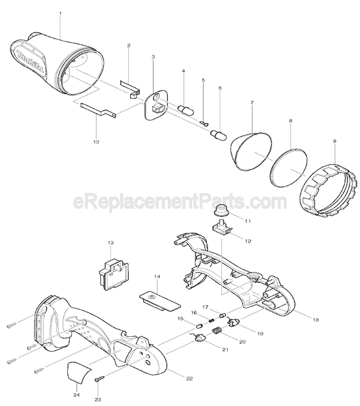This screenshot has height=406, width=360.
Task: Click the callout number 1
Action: coord(60,12)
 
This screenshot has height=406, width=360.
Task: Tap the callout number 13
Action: coord(110,243)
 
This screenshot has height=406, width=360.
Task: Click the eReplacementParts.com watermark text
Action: coord(179,201)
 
